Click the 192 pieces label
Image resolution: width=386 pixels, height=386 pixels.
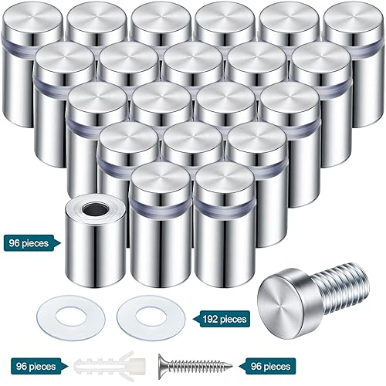click(225, 318)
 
